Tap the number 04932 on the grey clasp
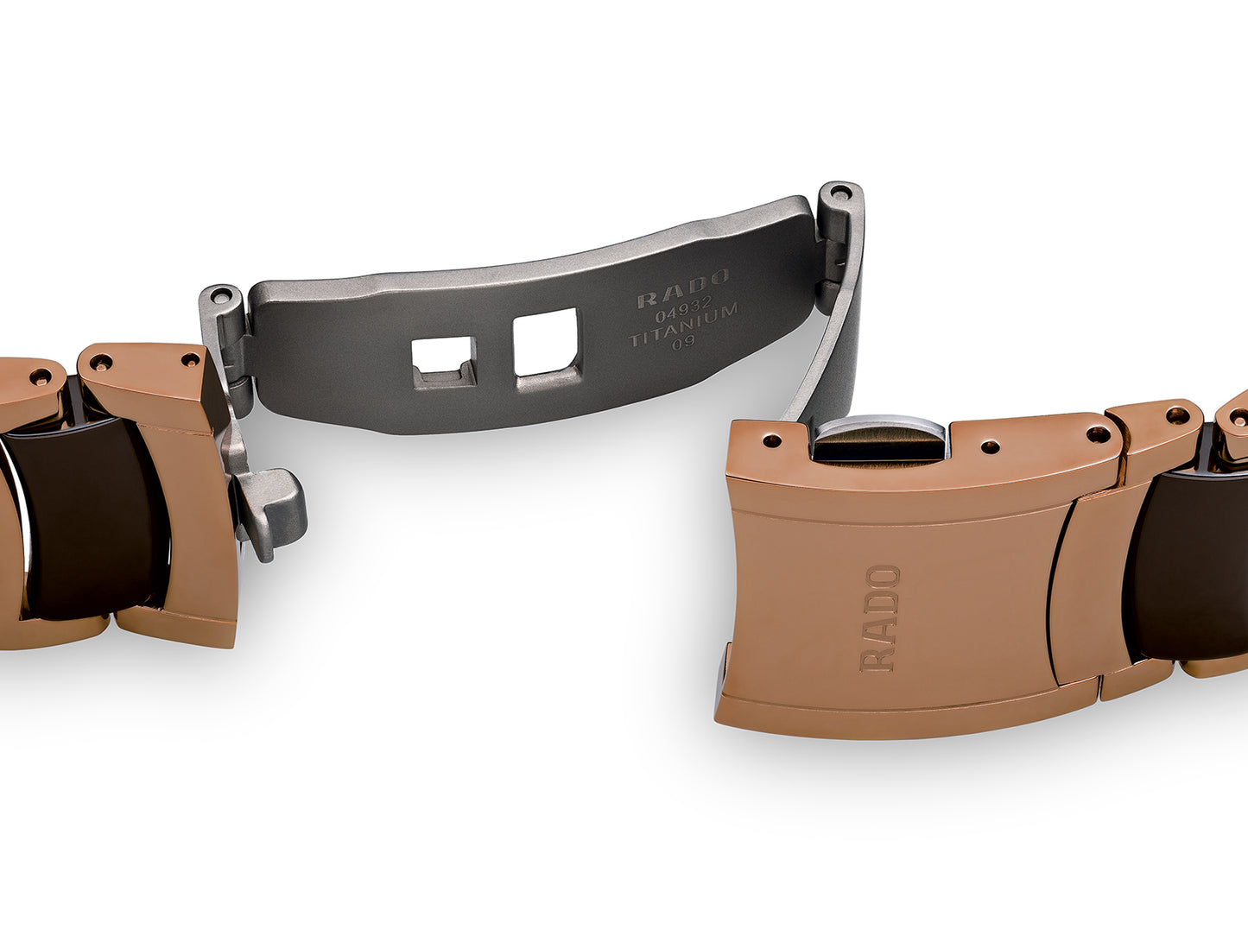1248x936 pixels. coord(683,313)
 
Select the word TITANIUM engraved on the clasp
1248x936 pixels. coord(683,326)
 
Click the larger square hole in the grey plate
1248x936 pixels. coord(546,344)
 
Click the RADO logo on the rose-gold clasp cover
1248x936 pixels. coord(879,619)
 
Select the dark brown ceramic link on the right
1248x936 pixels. coord(1188,563)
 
